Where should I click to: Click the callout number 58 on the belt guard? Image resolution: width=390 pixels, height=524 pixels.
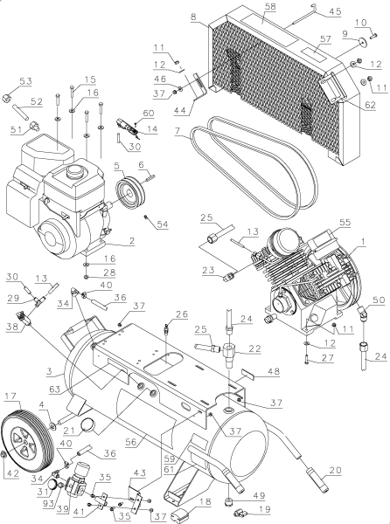coord(269,7)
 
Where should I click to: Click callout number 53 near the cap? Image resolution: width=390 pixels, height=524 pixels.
coord(24,81)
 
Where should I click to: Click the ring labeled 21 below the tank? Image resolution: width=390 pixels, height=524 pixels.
coord(90,425)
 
